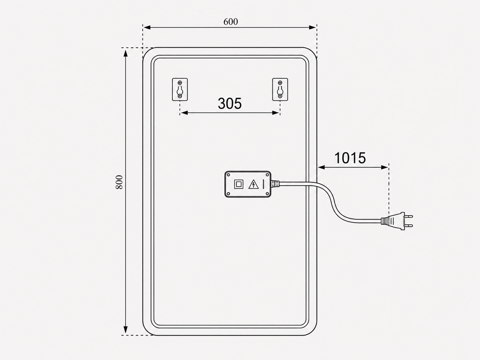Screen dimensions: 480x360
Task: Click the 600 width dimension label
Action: [230, 22]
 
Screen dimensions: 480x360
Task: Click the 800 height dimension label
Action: [119, 182]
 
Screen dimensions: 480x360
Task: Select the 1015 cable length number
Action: [350, 158]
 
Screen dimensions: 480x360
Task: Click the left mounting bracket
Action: [180, 89]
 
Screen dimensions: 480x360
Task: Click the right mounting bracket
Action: [280, 89]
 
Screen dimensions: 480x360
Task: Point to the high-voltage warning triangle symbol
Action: [254, 184]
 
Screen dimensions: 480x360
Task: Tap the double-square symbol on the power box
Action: [238, 184]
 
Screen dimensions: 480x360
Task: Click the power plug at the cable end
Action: [397, 221]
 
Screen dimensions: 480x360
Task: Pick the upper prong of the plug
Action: [408, 216]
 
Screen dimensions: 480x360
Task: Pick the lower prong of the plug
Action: [408, 225]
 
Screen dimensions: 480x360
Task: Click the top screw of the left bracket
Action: [180, 83]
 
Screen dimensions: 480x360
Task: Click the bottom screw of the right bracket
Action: [280, 96]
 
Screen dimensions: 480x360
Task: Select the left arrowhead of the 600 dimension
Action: [147, 27]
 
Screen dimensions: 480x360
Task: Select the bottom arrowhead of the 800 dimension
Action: [125, 329]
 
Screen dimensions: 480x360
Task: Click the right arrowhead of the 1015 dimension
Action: [384, 168]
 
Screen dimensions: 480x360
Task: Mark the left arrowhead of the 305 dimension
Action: [184, 113]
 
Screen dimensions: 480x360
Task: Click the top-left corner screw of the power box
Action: [228, 175]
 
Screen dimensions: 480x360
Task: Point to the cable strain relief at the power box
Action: [275, 184]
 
